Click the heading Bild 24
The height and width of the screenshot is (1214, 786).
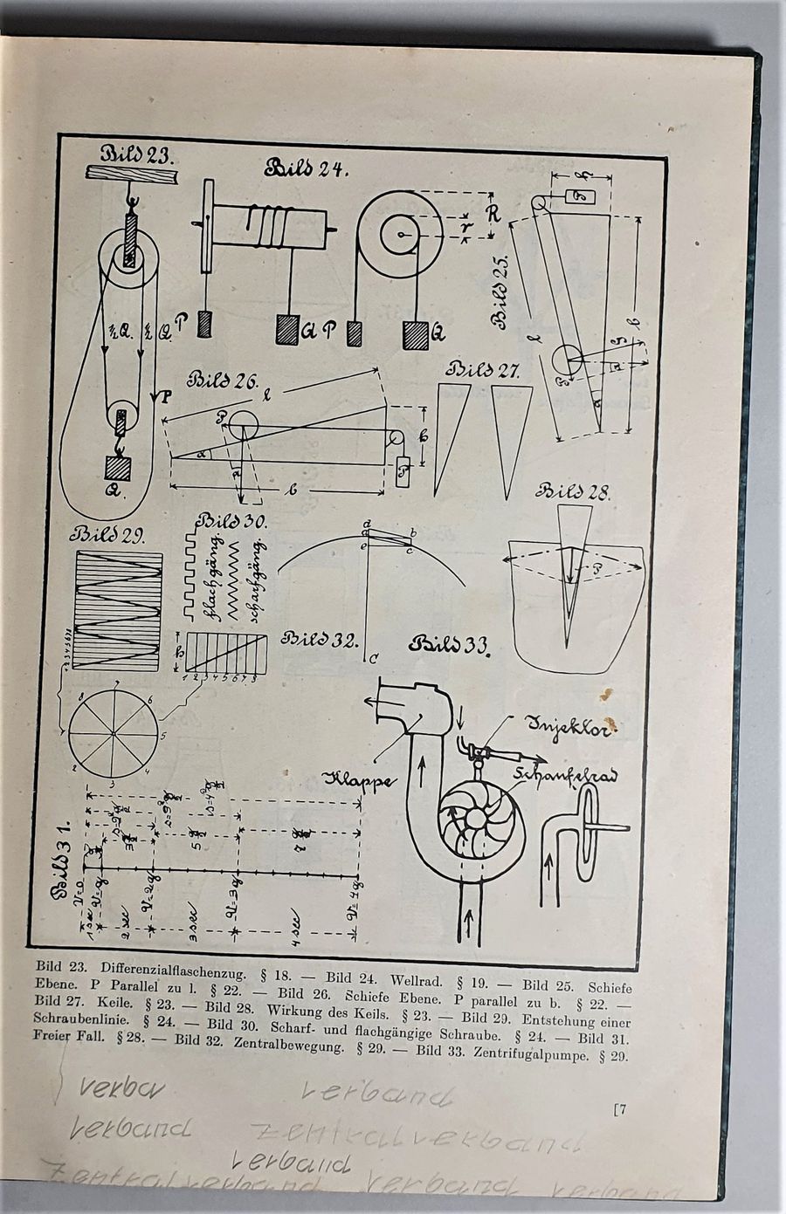click(307, 167)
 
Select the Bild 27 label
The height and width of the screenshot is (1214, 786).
click(484, 370)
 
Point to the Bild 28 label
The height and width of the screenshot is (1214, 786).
click(575, 490)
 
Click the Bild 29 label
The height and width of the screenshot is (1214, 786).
click(109, 534)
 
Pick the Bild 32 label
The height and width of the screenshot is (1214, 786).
click(319, 639)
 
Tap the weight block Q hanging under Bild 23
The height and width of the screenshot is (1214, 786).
click(120, 465)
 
